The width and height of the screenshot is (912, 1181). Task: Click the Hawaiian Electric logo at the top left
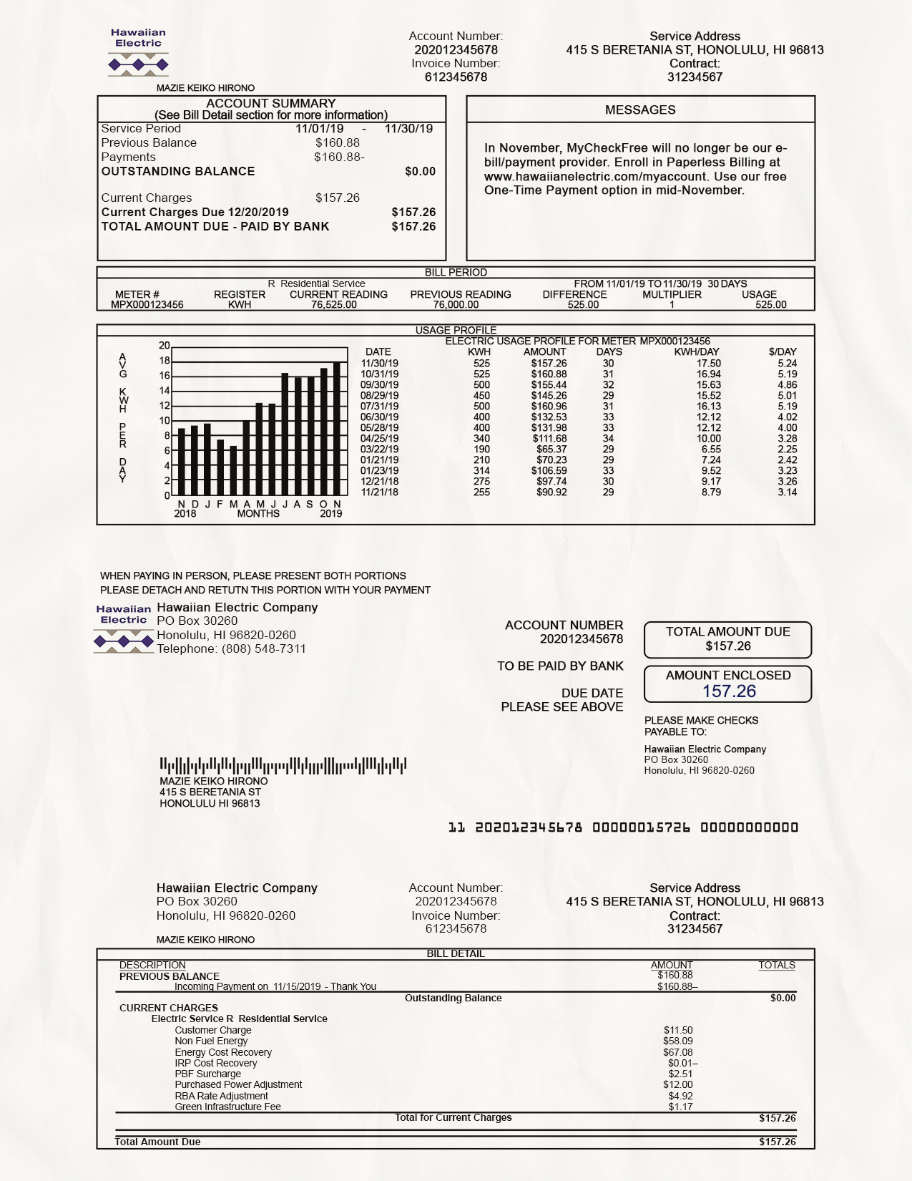138,52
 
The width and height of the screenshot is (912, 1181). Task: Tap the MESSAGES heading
640,110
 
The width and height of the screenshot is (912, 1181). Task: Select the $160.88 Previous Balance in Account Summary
338,142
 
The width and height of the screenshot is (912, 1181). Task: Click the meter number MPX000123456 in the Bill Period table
147,304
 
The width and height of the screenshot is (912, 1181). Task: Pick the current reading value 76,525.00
333,304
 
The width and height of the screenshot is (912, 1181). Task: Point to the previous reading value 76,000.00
456,304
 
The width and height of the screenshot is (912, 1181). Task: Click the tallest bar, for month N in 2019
337,428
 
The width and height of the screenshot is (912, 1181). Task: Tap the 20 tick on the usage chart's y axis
165,345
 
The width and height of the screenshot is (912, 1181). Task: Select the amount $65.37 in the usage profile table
551,449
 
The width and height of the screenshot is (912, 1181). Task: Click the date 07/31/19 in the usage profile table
379,406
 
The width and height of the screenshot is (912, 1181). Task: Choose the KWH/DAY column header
697,351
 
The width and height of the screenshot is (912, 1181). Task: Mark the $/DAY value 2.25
787,449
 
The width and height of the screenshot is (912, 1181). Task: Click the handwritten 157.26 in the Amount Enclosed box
729,691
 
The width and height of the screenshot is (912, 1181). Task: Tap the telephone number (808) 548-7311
263,648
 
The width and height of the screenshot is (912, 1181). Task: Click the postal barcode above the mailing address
283,765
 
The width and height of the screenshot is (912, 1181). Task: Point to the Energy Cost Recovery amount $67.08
677,1052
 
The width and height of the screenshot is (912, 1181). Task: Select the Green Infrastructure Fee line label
227,1107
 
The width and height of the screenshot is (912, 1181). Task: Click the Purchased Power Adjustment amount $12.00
677,1084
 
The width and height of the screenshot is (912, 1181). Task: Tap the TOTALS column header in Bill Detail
776,965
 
